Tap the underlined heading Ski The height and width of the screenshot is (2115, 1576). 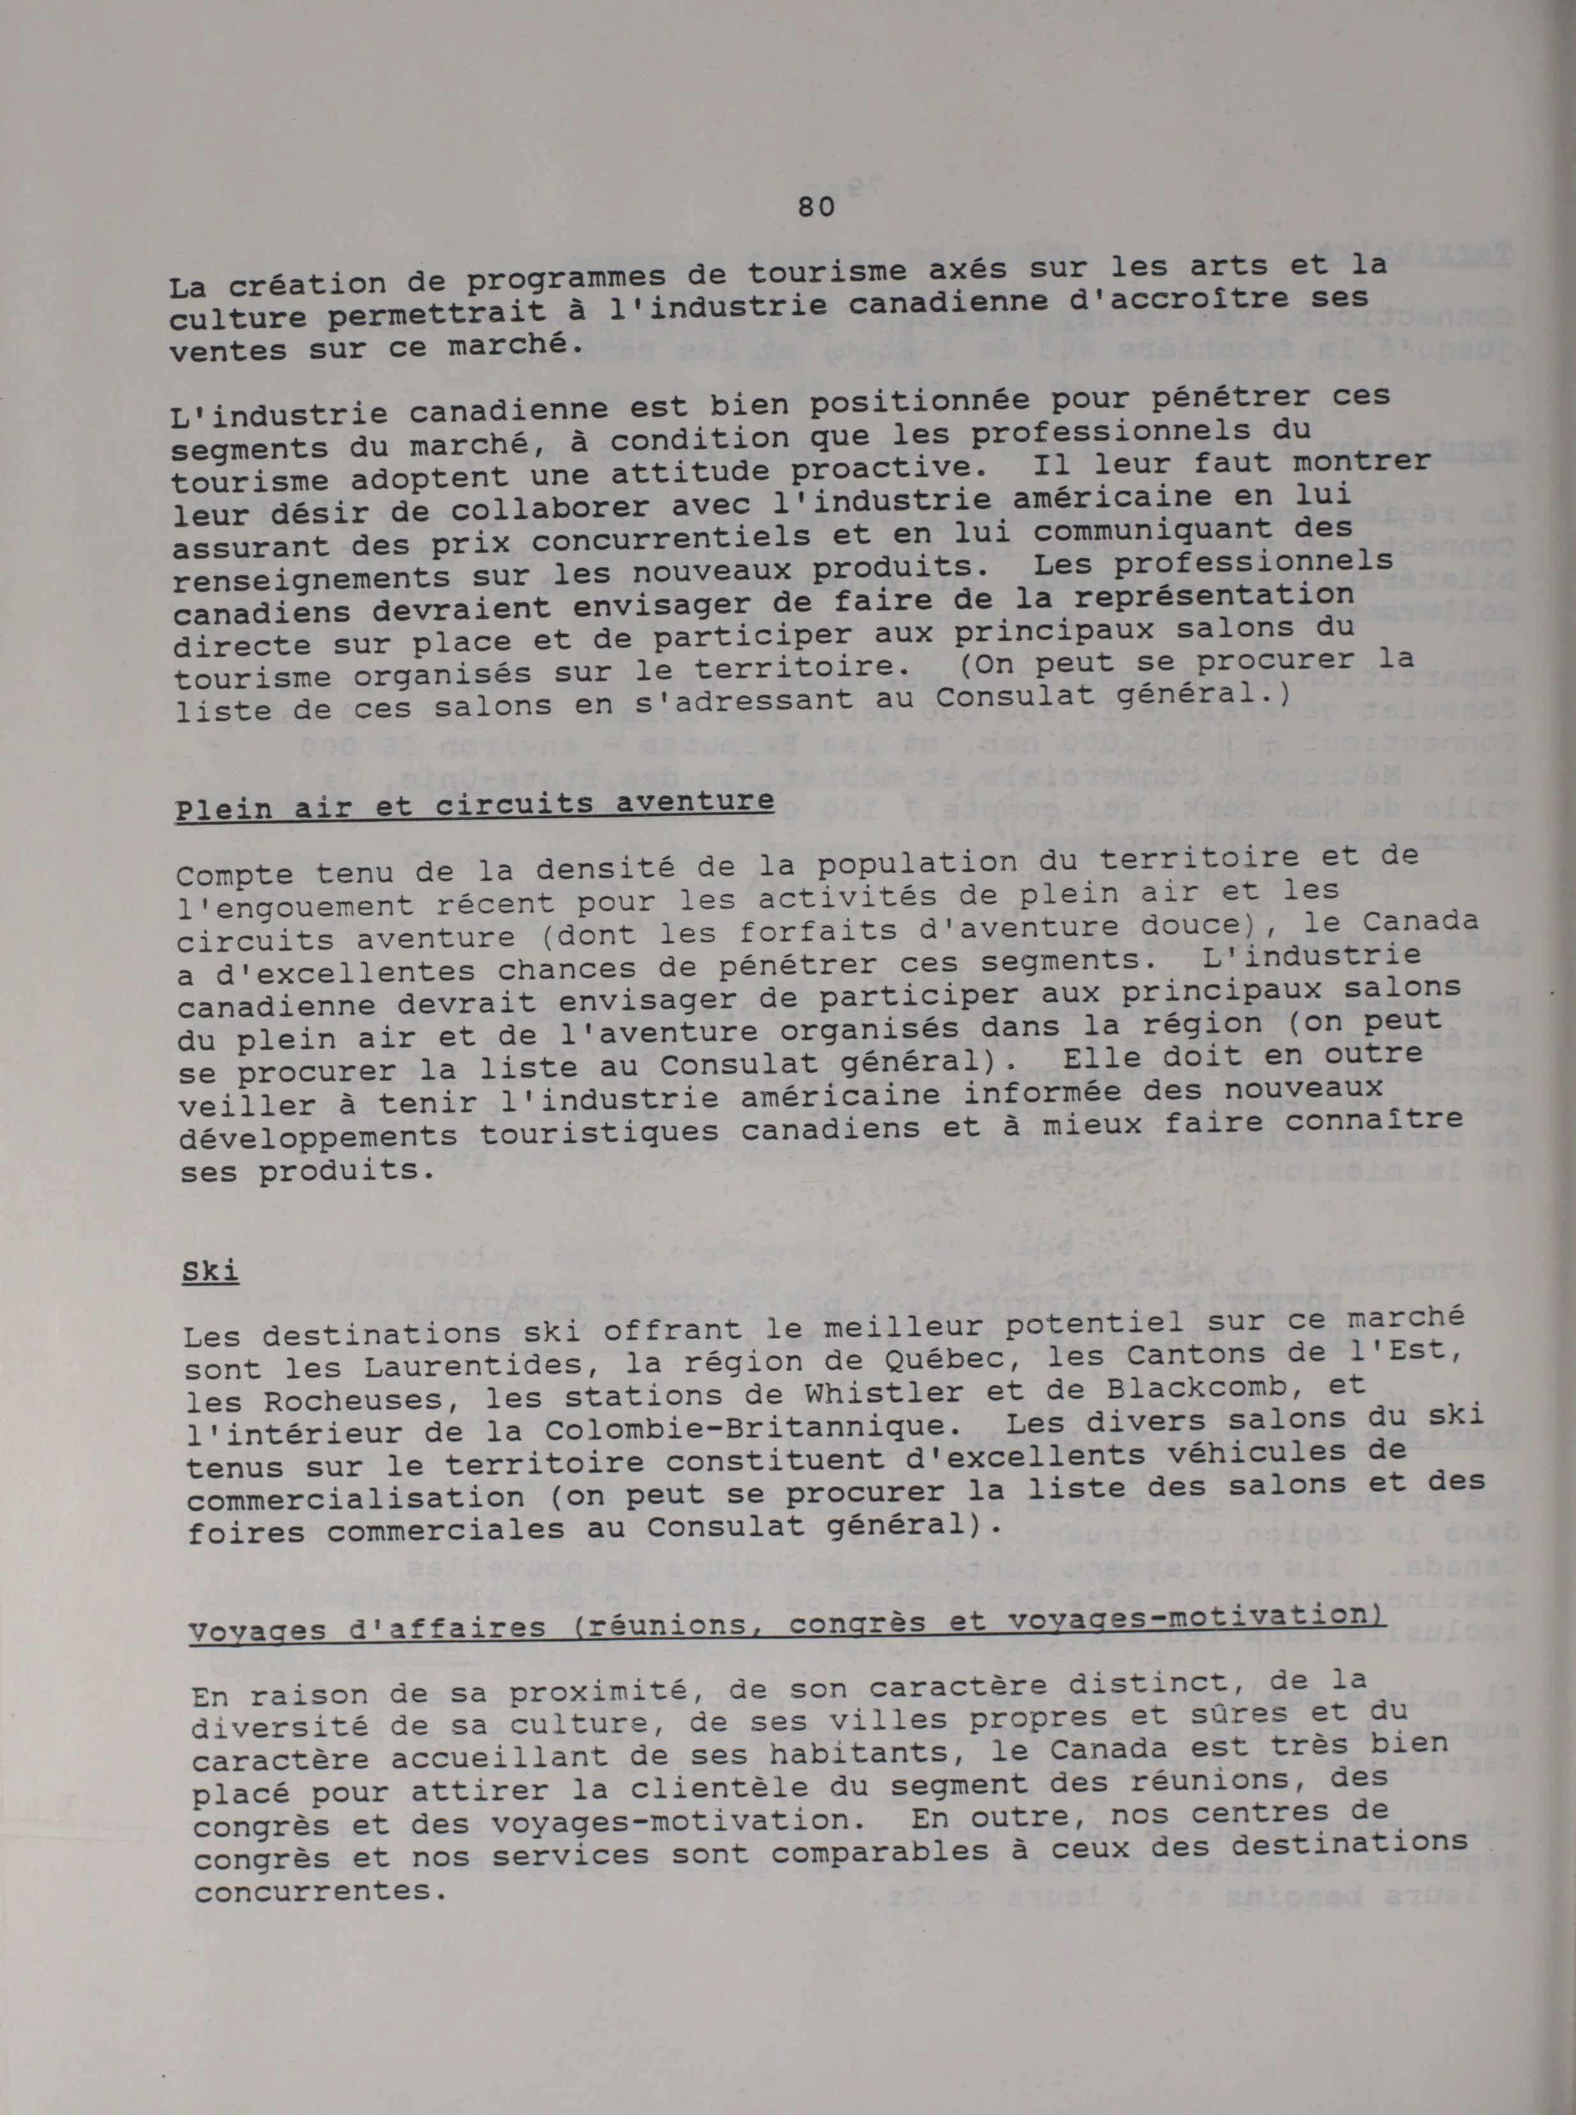click(x=210, y=1273)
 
